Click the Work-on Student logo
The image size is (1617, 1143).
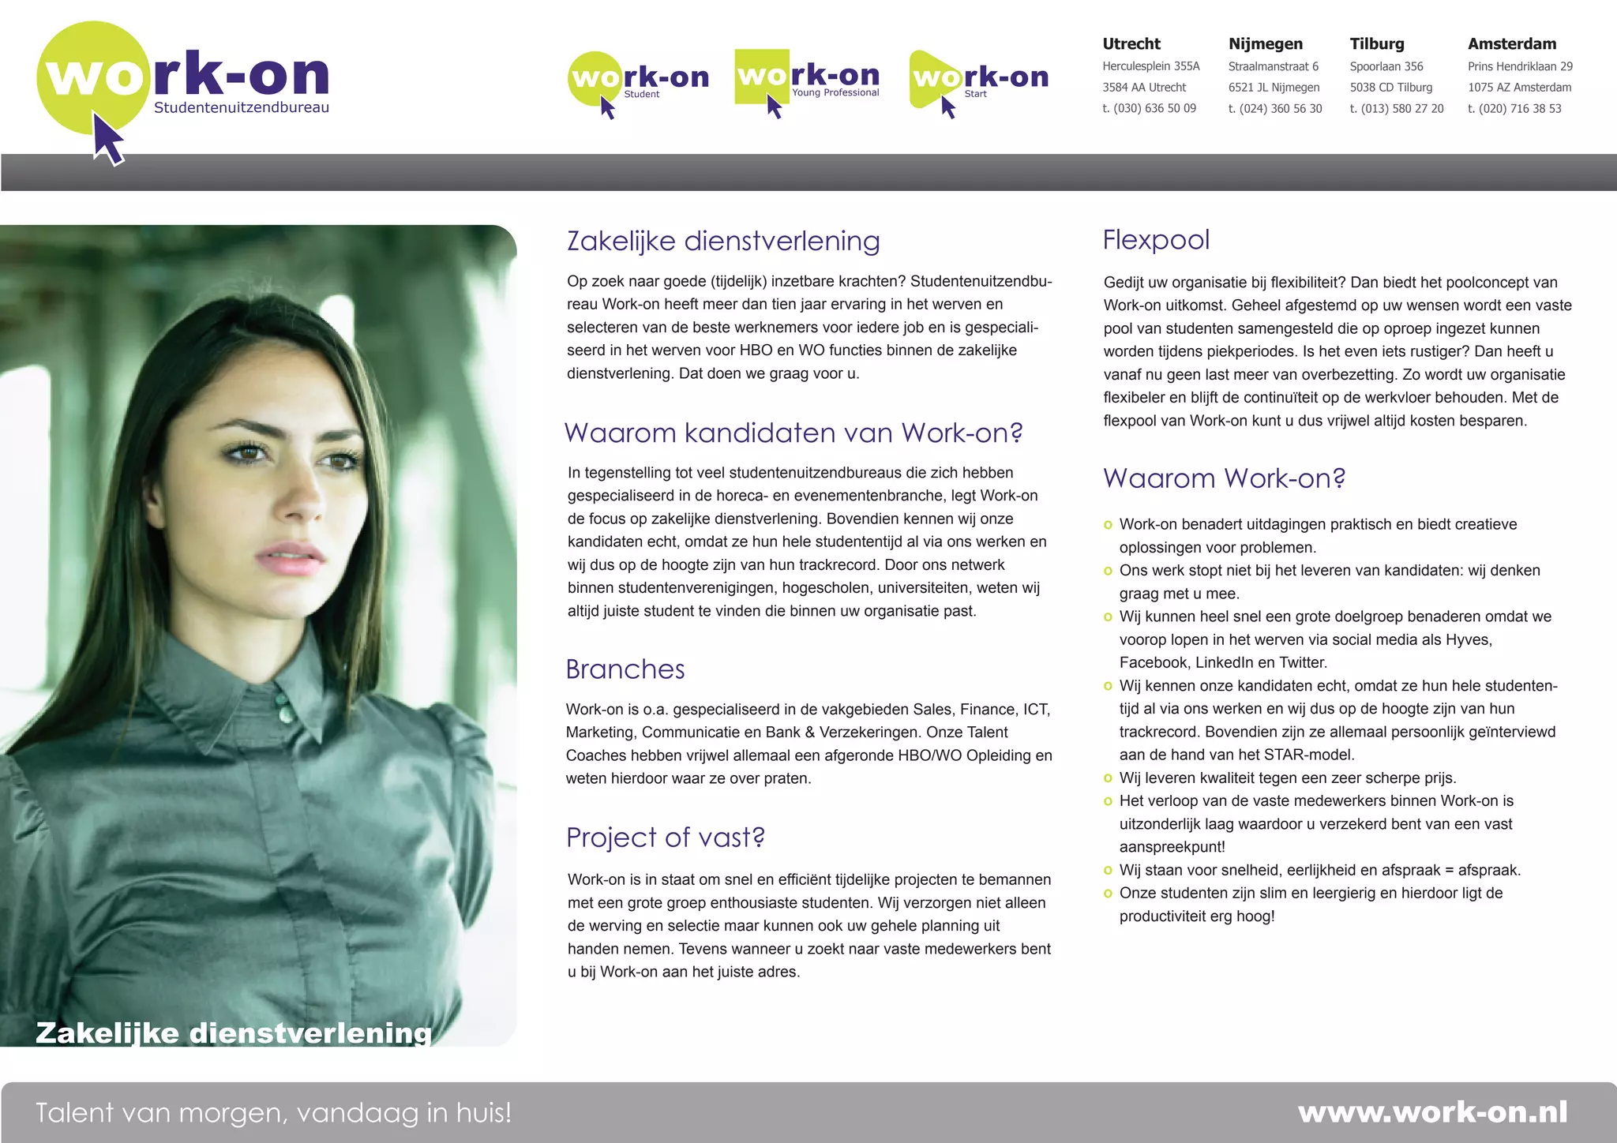coord(638,81)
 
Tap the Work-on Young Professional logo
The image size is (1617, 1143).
coord(807,79)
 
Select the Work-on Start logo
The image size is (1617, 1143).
coord(979,81)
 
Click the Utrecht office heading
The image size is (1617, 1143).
coord(1131,44)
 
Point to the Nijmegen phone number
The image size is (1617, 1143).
coord(1274,109)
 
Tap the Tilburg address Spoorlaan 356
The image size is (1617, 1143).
coord(1386,66)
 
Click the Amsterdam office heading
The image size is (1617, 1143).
coord(1512,44)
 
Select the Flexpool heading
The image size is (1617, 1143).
coord(1156,240)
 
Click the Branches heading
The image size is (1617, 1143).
coord(625,669)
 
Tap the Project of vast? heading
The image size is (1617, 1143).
coord(666,838)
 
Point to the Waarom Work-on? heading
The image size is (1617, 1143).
coord(1224,478)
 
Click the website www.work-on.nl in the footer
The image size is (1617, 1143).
coord(1432,1112)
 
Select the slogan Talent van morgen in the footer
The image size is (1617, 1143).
coord(273,1113)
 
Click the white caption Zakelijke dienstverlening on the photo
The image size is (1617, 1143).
coord(234,1032)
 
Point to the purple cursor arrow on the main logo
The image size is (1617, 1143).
coord(107,139)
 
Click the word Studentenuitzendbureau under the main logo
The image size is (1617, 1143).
coord(241,107)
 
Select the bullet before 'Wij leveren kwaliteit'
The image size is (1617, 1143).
coord(1108,778)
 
